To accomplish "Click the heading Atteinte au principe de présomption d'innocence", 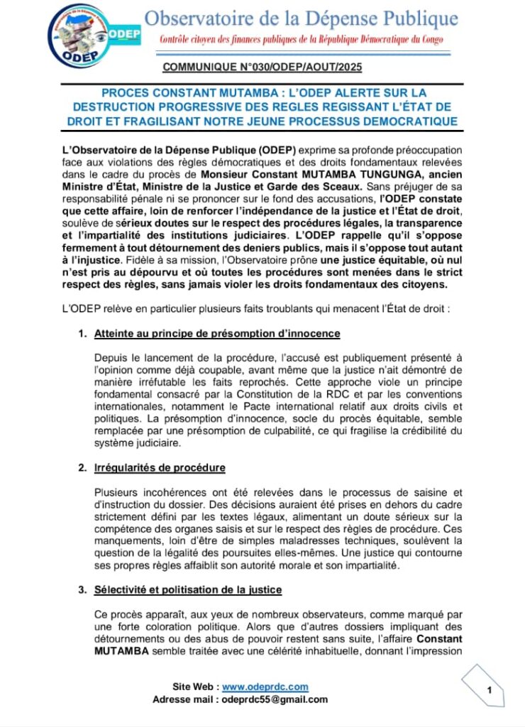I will (218, 333).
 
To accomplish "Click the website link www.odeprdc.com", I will (265, 687).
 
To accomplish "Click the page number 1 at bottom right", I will (489, 689).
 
